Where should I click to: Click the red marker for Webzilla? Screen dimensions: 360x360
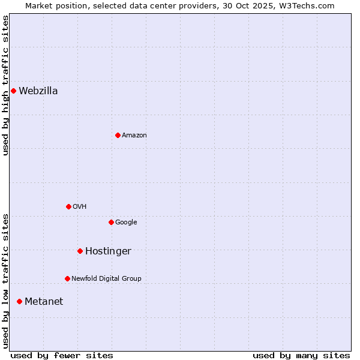pos(13,91)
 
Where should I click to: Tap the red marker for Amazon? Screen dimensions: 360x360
pos(118,135)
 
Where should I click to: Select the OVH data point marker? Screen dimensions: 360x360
pos(68,206)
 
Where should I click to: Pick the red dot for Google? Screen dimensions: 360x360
pos(111,222)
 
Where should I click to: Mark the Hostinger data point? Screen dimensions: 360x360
pos(80,251)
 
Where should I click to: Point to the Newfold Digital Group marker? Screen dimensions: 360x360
pos(67,278)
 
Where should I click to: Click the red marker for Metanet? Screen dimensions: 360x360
pos(19,301)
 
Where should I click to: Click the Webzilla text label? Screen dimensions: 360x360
pos(38,91)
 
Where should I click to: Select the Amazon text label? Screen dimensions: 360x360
pos(134,136)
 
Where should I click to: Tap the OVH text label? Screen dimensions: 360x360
pos(80,207)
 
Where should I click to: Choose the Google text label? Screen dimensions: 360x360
pos(126,223)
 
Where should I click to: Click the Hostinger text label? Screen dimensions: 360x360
pos(108,251)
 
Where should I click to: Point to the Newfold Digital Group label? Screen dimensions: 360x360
pos(106,279)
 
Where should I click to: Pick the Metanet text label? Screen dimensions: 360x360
pos(44,302)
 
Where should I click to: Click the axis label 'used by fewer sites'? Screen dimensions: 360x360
pos(62,355)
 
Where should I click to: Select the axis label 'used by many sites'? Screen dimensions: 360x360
pos(301,355)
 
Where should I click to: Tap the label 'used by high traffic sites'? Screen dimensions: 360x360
pos(6,85)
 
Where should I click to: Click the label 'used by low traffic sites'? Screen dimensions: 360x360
pos(6,281)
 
